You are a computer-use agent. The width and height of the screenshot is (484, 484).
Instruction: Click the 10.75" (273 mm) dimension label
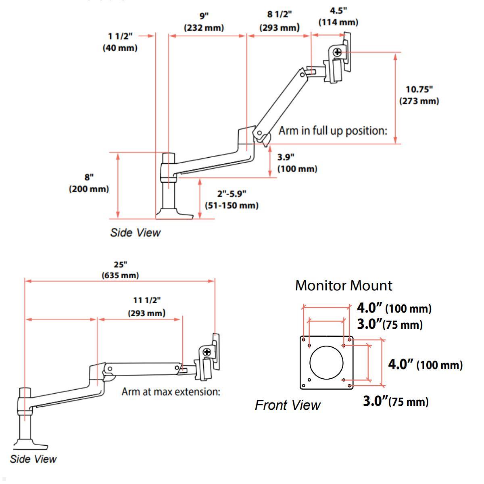(419, 95)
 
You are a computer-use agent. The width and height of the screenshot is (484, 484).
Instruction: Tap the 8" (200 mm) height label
(89, 183)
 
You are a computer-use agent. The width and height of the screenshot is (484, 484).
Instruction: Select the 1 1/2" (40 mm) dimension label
(120, 42)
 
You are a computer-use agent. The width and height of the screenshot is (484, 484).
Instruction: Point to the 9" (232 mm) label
(204, 22)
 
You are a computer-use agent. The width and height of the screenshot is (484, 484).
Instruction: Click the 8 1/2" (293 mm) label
(279, 21)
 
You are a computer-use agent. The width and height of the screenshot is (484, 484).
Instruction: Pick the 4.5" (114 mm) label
(338, 17)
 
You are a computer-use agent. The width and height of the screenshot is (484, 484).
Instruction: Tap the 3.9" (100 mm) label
(297, 163)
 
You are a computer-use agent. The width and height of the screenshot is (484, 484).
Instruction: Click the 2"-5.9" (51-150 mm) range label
(232, 199)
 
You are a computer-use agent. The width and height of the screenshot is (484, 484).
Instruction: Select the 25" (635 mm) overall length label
(120, 270)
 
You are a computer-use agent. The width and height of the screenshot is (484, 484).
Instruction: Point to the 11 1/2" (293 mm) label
(147, 307)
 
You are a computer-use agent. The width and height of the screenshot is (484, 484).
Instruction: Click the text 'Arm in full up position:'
(333, 131)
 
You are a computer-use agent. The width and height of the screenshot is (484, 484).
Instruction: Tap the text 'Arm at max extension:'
(171, 391)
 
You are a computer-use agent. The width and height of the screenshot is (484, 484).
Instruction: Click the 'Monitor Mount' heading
(344, 286)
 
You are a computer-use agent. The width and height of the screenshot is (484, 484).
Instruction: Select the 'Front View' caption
(288, 405)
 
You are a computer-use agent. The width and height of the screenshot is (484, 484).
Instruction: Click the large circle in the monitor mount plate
(326, 363)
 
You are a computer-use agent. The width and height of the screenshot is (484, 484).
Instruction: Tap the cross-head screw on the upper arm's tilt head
(337, 52)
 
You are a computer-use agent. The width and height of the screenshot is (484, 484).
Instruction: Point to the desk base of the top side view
(175, 213)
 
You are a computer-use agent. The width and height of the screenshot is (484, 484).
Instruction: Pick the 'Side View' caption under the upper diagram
(135, 232)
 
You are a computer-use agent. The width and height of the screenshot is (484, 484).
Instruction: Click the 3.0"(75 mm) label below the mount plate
(396, 401)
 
